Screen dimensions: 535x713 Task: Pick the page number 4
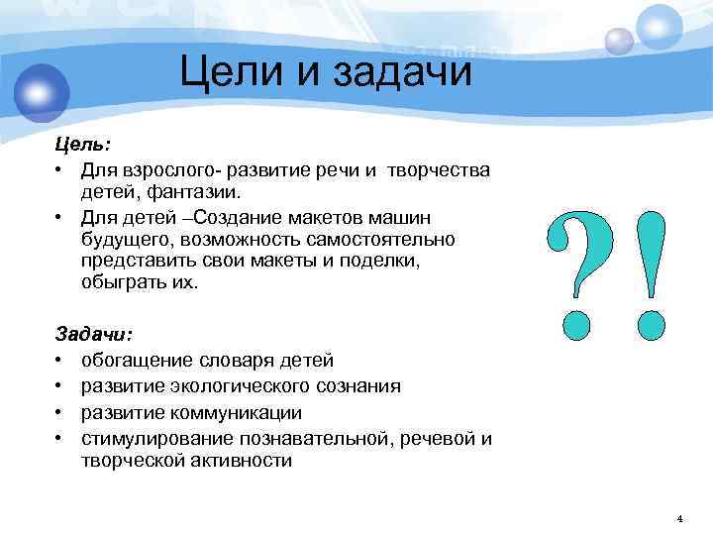tap(679, 518)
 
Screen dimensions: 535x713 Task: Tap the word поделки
tap(386, 261)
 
